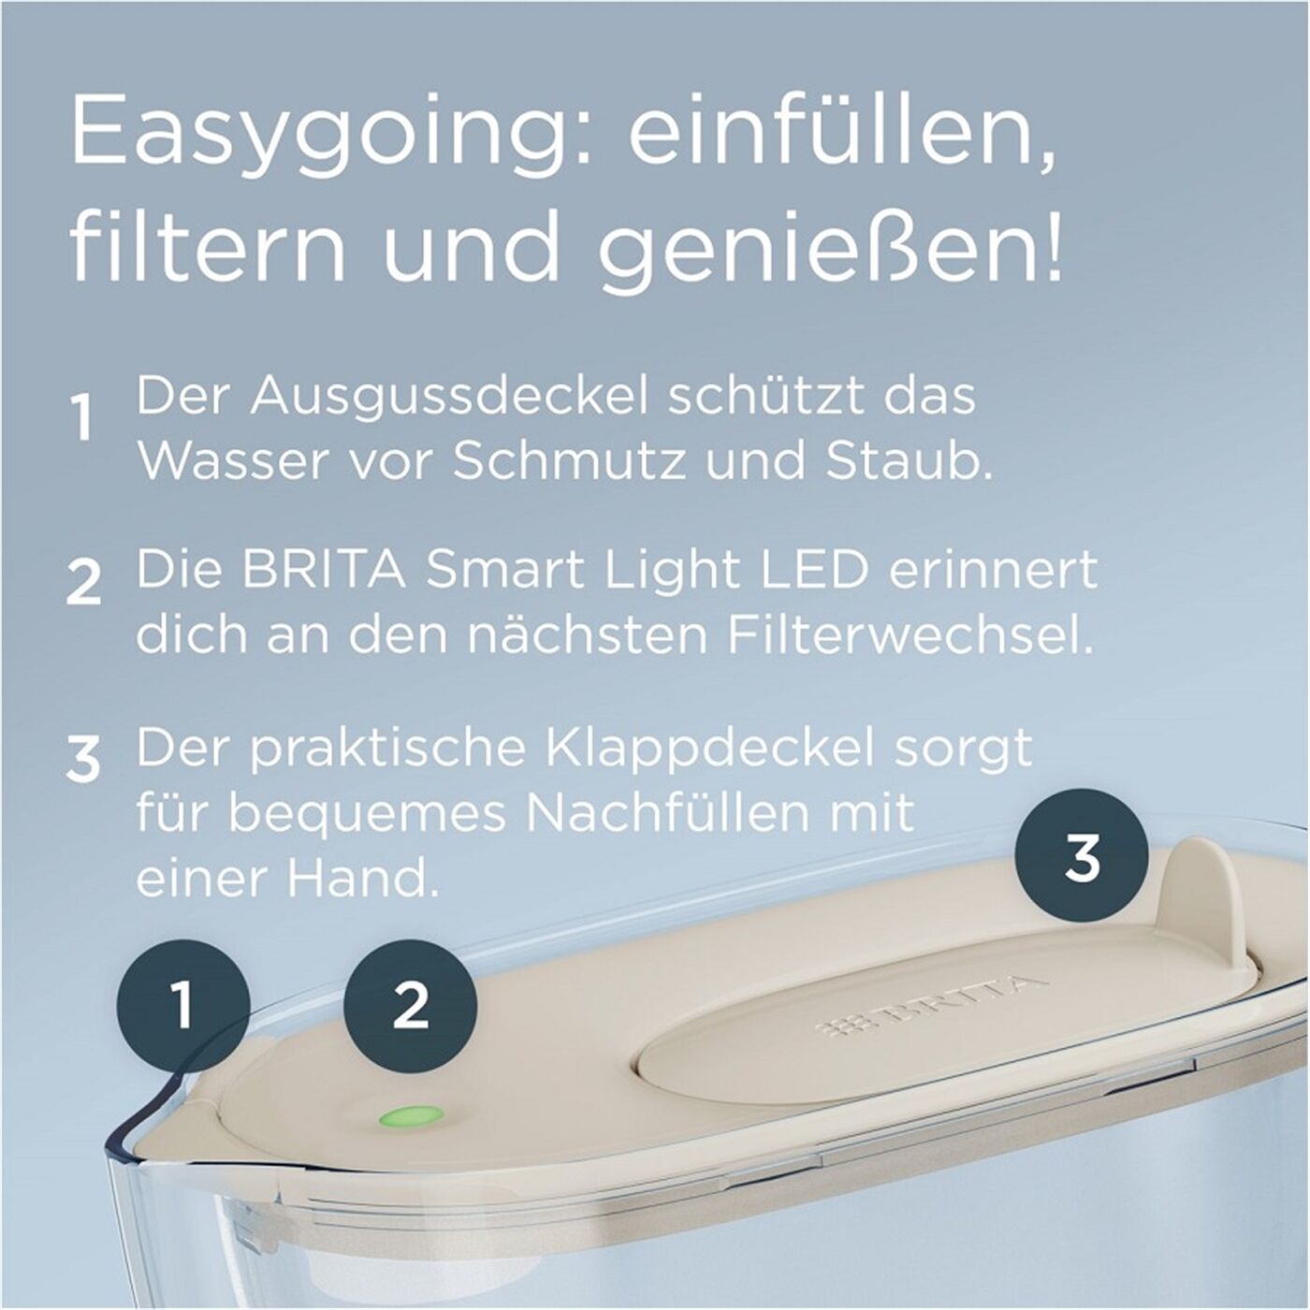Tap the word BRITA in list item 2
pyautogui.click(x=324, y=570)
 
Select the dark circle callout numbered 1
pyautogui.click(x=183, y=1005)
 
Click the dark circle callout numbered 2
pyautogui.click(x=411, y=1005)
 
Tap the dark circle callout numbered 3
pyautogui.click(x=1083, y=855)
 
